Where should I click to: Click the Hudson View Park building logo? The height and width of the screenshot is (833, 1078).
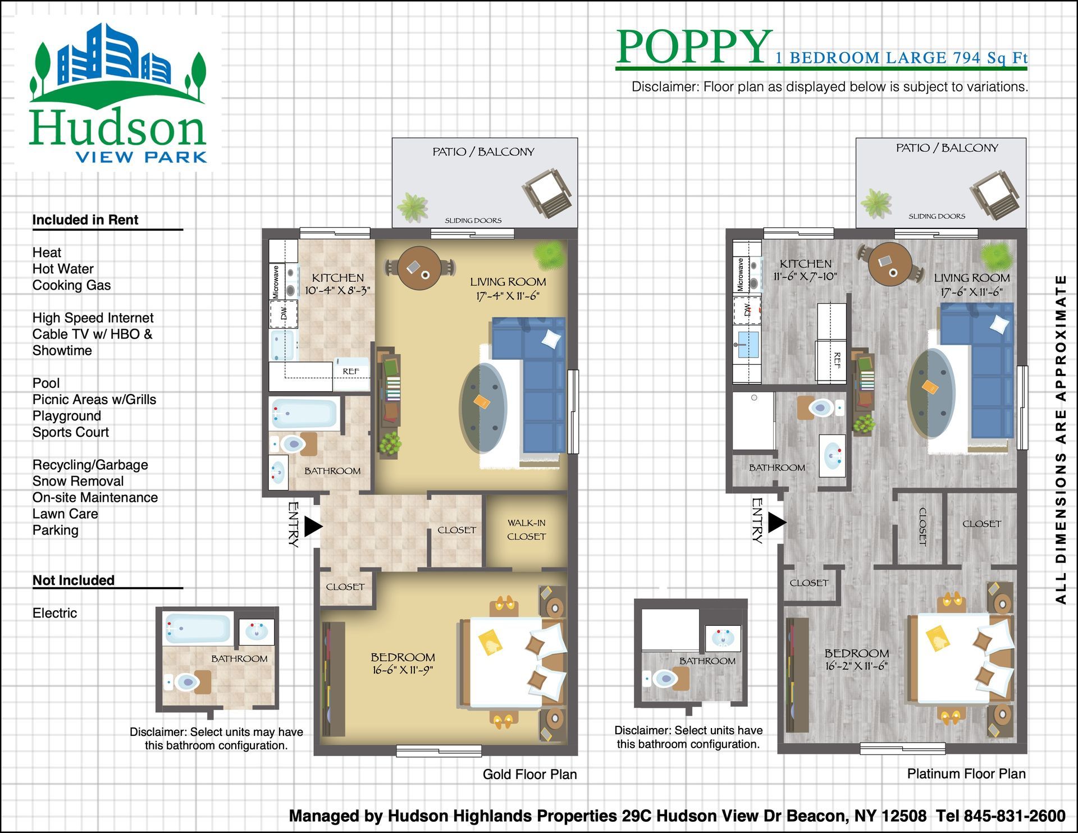tap(118, 93)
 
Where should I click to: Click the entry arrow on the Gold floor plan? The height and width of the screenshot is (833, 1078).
tap(313, 527)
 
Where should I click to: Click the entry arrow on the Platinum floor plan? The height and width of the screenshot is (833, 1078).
tap(777, 523)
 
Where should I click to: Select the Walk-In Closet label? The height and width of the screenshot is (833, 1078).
tap(527, 530)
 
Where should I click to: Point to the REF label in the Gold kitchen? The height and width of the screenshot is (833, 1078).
tap(351, 371)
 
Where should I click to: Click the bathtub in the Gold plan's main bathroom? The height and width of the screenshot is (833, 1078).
tap(304, 413)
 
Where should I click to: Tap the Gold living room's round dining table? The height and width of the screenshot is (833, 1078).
tap(419, 268)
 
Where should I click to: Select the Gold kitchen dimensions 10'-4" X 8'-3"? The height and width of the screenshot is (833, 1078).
tap(337, 290)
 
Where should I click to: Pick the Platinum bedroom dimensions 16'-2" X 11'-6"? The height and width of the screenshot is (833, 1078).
tap(857, 666)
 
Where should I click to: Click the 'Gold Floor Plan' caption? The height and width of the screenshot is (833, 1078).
tap(529, 775)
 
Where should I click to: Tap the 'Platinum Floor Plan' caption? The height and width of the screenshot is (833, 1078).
tap(966, 774)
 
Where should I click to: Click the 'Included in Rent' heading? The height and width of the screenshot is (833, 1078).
tap(85, 220)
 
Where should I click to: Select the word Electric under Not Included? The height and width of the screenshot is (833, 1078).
tap(54, 613)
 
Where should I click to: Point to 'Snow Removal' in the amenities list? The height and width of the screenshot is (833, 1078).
tap(78, 481)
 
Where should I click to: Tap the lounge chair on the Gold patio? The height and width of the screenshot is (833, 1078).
tap(547, 193)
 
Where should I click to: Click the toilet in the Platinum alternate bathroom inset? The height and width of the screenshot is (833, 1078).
tap(665, 679)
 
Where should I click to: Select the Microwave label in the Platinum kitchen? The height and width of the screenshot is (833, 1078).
tap(741, 274)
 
